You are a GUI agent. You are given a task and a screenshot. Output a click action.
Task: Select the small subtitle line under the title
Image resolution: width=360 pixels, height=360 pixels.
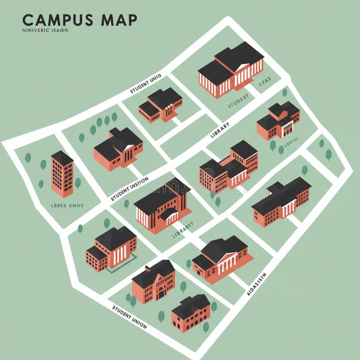pyautogui.click(x=45, y=30)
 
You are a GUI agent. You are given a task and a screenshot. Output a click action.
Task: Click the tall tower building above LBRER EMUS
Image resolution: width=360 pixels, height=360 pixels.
pyautogui.click(x=62, y=173)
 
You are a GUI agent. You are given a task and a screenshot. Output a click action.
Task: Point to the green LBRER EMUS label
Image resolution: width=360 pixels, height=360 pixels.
pyautogui.click(x=67, y=205)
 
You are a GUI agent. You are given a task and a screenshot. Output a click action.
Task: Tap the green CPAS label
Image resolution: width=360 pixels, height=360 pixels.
pyautogui.click(x=264, y=82)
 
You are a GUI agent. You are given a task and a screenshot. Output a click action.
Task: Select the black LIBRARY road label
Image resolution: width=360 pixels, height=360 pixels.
pyautogui.click(x=220, y=130)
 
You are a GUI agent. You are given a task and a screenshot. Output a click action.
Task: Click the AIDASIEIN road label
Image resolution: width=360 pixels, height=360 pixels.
pyautogui.click(x=256, y=284)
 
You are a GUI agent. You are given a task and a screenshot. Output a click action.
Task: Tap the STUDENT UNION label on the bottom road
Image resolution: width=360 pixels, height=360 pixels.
pyautogui.click(x=129, y=317)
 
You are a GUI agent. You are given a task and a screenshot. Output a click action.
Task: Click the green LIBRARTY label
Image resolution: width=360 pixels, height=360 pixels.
pyautogui.click(x=182, y=230)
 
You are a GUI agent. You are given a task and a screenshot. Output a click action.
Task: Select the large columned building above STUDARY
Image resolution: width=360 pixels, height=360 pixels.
pyautogui.click(x=231, y=69)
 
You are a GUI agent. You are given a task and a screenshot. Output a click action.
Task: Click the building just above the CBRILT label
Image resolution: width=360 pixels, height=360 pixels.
pyautogui.click(x=278, y=120)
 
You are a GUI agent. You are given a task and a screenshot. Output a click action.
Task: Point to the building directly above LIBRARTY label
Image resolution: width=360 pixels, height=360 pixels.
pyautogui.click(x=163, y=206)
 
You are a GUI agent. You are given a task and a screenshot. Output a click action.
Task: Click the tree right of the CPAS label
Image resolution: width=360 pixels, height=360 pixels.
pyautogui.click(x=285, y=92)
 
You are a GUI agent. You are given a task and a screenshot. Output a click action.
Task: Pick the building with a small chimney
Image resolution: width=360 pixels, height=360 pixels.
pyautogui.click(x=153, y=281)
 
